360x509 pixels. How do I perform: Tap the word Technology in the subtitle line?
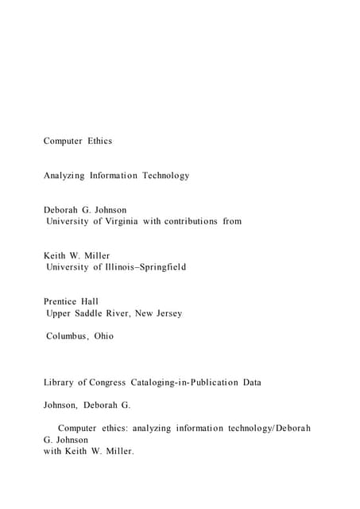coord(166,175)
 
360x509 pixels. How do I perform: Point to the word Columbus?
coord(67,336)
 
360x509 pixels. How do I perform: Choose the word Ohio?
coord(103,336)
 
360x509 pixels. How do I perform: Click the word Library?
coord(59,383)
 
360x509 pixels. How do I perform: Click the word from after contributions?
coord(231,221)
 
